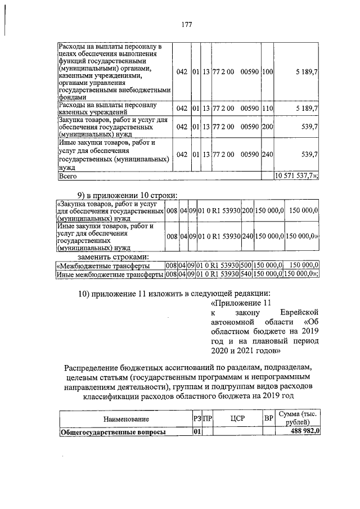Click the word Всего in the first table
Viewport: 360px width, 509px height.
pyautogui.click(x=68, y=176)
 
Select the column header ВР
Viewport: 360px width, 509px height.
pyautogui.click(x=268, y=419)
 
